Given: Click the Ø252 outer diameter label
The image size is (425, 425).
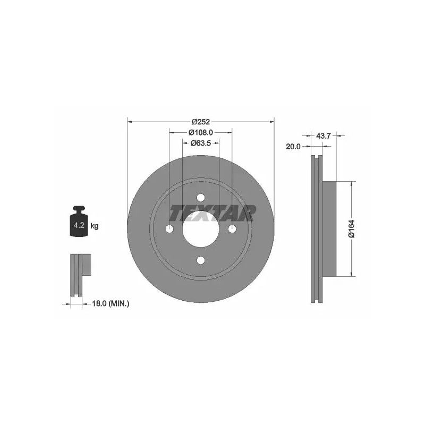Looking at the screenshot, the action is pyautogui.click(x=201, y=122).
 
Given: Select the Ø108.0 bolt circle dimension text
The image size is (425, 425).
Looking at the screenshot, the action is pyautogui.click(x=201, y=132).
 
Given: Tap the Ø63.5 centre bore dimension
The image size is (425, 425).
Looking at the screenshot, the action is pyautogui.click(x=201, y=143).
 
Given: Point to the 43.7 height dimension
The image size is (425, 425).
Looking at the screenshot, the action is pyautogui.click(x=324, y=135).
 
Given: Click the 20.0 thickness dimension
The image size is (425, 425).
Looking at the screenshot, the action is pyautogui.click(x=293, y=147).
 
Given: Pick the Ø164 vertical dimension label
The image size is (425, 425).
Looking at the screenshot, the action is pyautogui.click(x=351, y=229).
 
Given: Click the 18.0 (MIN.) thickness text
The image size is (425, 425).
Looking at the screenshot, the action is pyautogui.click(x=110, y=303).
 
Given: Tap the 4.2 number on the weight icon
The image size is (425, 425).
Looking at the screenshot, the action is pyautogui.click(x=79, y=225).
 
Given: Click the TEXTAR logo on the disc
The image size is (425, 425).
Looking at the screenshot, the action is pyautogui.click(x=212, y=213).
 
